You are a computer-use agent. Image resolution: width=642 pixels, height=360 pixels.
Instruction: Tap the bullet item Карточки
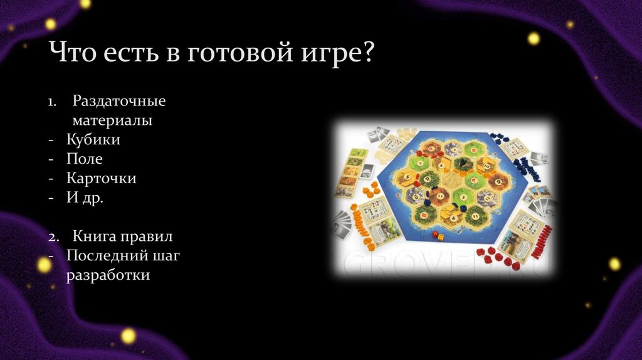click(x=101, y=178)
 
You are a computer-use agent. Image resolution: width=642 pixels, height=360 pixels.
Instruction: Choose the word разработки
click(x=108, y=275)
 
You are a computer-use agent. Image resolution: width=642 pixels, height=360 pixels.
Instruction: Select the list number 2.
click(x=54, y=237)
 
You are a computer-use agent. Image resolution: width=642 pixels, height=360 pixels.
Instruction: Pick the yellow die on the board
click(x=441, y=237)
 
